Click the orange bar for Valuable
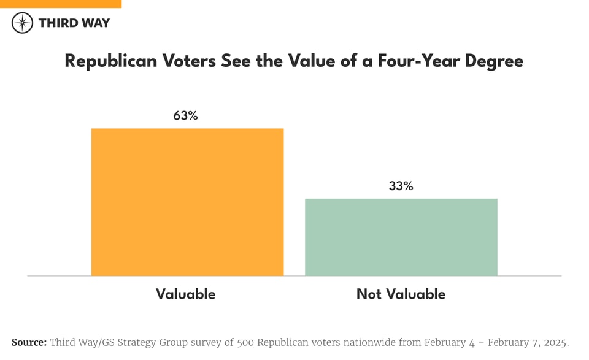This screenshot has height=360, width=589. pyautogui.click(x=187, y=202)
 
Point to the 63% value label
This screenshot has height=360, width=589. pyautogui.click(x=185, y=115)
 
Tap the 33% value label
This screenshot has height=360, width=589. pyautogui.click(x=401, y=186)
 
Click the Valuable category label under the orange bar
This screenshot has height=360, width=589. pyautogui.click(x=185, y=294)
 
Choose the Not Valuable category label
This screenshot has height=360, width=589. pyautogui.click(x=401, y=294)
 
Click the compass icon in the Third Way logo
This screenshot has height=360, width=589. pyautogui.click(x=22, y=23)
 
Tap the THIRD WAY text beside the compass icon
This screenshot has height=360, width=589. pyautogui.click(x=74, y=23)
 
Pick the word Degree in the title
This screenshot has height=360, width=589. pyautogui.click(x=494, y=61)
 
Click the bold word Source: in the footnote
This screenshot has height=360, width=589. pyautogui.click(x=29, y=342)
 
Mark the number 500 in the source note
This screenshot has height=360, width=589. pyautogui.click(x=248, y=342)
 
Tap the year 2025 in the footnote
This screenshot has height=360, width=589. pyautogui.click(x=555, y=342)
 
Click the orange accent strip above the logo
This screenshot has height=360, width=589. pyautogui.click(x=61, y=4)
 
